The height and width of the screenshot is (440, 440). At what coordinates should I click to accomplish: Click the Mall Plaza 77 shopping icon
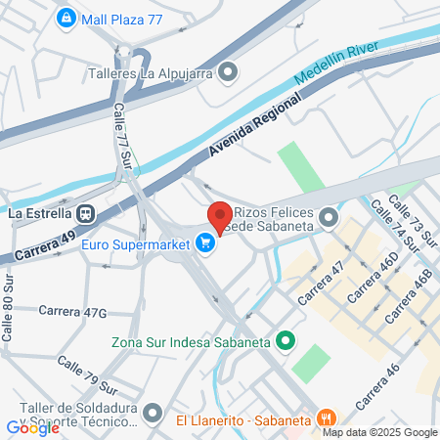pyautogui.click(x=66, y=17)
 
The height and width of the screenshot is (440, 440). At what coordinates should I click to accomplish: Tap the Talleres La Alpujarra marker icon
pyautogui.click(x=228, y=70)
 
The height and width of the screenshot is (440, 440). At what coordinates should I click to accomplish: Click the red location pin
pyautogui.click(x=219, y=217)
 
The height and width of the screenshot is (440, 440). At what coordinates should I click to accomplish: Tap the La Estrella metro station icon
pyautogui.click(x=87, y=212)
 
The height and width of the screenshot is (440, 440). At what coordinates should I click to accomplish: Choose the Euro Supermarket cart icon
pyautogui.click(x=205, y=242)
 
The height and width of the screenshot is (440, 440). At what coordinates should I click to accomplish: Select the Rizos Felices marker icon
pyautogui.click(x=329, y=217)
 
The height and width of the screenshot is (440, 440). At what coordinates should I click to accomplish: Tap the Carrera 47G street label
pyautogui.click(x=71, y=311)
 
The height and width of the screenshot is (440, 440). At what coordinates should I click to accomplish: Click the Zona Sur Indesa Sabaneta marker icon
pyautogui.click(x=286, y=340)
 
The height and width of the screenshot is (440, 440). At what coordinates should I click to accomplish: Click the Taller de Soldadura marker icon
pyautogui.click(x=153, y=413)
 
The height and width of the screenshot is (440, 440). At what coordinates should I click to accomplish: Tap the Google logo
pyautogui.click(x=32, y=427)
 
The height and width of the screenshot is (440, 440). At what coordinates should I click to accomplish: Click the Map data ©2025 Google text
pyautogui.click(x=379, y=432)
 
